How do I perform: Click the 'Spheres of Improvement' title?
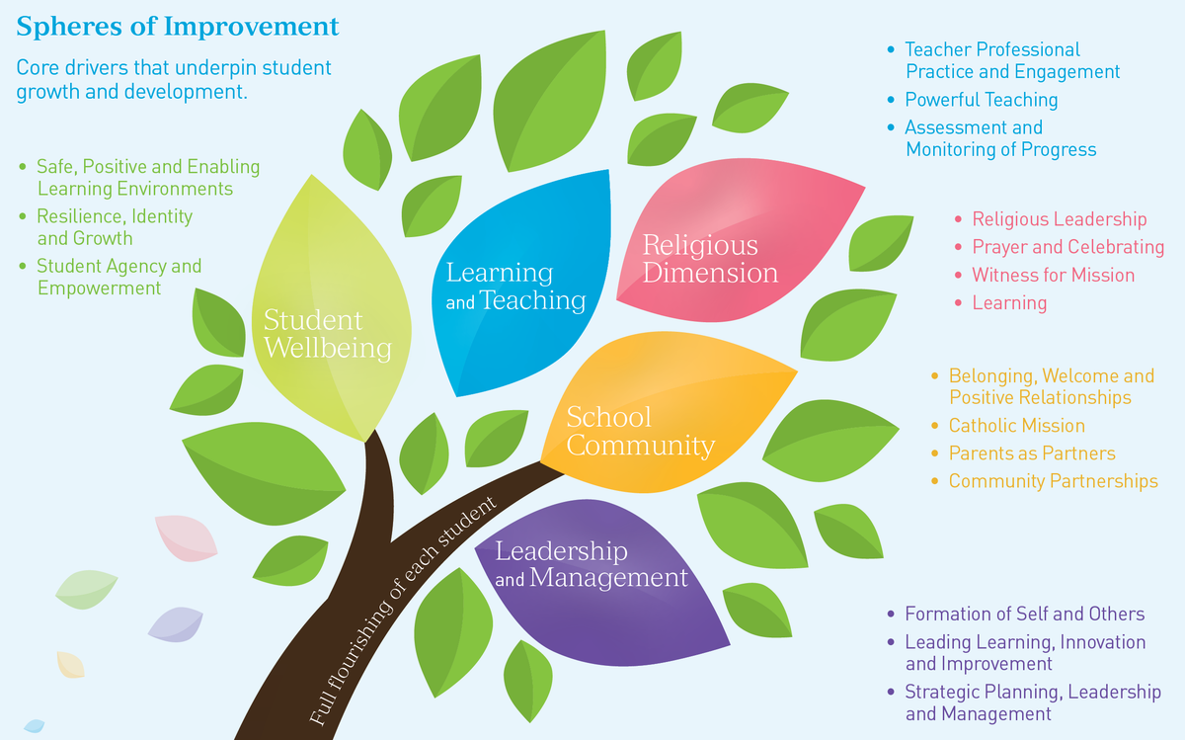click(178, 27)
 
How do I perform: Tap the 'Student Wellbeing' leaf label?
click(327, 334)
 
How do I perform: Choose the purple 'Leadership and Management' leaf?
click(592, 564)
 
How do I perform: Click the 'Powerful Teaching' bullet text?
click(981, 100)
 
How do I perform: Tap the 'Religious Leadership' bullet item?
click(1059, 219)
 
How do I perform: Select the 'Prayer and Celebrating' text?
click(1067, 247)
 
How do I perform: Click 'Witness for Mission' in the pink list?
click(1053, 275)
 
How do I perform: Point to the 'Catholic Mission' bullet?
click(1016, 426)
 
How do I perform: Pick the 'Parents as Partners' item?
click(1031, 453)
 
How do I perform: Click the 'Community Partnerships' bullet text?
click(1053, 481)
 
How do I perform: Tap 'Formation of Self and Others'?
click(1024, 615)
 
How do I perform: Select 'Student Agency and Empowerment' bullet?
click(118, 277)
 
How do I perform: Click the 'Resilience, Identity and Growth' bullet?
click(114, 226)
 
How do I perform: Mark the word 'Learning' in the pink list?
click(1009, 302)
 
